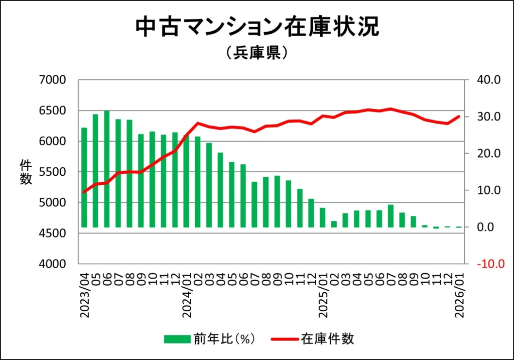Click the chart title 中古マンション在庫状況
tap(257, 28)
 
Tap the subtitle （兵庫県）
tap(257, 53)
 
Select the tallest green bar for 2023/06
tap(107, 169)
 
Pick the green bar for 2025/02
tap(334, 224)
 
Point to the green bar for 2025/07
tap(391, 216)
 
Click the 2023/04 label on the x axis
tap(84, 295)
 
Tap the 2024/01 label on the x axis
tap(187, 295)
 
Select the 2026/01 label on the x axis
tap(459, 295)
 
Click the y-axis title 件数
tap(26, 172)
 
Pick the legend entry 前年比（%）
tap(211, 339)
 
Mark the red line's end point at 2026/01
tap(458, 116)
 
